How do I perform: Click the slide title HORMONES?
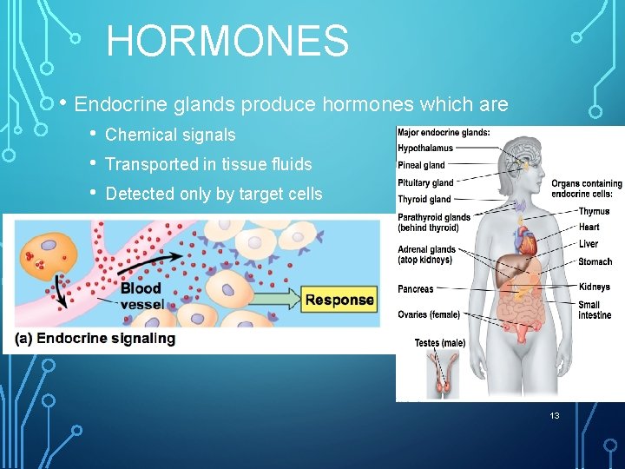(x=227, y=41)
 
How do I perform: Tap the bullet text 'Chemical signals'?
(x=170, y=135)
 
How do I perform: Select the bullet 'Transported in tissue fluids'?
(x=208, y=164)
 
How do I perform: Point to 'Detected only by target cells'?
(x=214, y=194)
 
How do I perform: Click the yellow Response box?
(x=339, y=301)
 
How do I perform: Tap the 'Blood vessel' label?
(x=141, y=296)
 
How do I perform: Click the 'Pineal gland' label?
(x=421, y=165)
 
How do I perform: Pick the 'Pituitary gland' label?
(x=425, y=182)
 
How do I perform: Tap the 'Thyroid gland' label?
(x=424, y=200)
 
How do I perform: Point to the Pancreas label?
(x=416, y=289)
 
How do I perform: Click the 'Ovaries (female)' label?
(x=429, y=314)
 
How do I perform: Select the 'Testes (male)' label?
(x=439, y=343)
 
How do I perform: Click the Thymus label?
(x=594, y=211)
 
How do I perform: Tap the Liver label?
(x=588, y=244)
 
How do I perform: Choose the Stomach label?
(x=595, y=261)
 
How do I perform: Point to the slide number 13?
(x=555, y=416)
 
